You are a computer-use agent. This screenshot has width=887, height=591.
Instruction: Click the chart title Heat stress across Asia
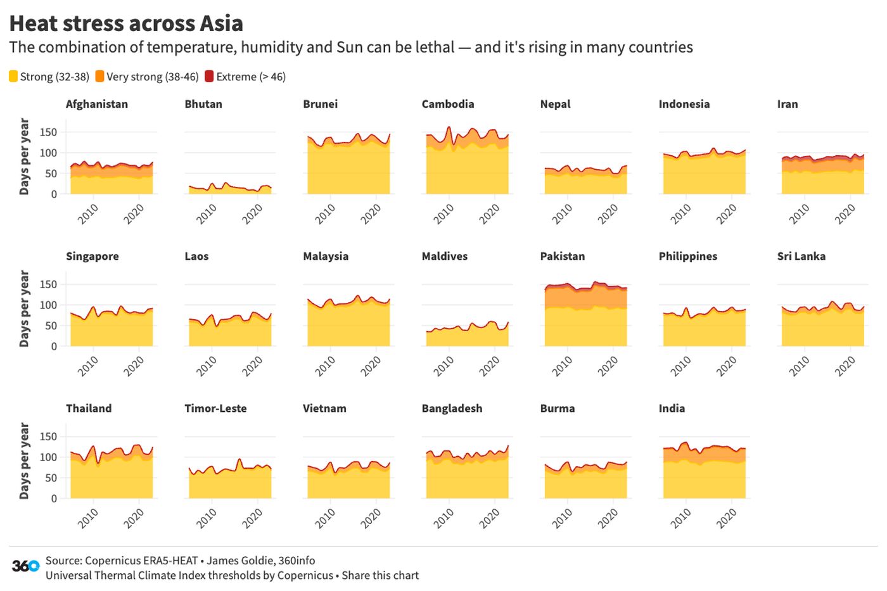click(x=126, y=23)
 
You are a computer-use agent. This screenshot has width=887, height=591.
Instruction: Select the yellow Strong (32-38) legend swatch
click(x=13, y=77)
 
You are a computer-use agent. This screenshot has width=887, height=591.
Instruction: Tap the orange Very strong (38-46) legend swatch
click(x=99, y=77)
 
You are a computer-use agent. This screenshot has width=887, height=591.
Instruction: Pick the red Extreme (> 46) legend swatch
click(x=209, y=77)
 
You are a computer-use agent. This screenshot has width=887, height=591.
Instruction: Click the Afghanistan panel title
click(x=97, y=104)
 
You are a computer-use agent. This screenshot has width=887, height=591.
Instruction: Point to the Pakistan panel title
click(x=562, y=256)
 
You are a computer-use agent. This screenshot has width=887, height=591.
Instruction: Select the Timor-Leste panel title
click(x=215, y=409)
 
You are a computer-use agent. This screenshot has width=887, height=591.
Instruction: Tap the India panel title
click(x=672, y=409)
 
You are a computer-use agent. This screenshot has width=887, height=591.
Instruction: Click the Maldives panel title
click(x=444, y=256)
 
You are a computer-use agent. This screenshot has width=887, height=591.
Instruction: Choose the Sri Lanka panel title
click(x=801, y=256)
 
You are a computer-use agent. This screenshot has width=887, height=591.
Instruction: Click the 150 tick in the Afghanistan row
click(x=48, y=132)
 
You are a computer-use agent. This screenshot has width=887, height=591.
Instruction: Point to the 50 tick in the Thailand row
click(x=51, y=478)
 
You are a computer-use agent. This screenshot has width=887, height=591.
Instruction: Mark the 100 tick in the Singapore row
click(x=48, y=305)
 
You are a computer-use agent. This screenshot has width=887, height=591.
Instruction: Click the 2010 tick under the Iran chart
click(x=799, y=214)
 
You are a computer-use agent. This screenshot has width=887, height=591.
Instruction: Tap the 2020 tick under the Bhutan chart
click(x=252, y=214)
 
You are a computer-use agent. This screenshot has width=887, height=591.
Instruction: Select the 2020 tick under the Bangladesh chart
click(x=489, y=518)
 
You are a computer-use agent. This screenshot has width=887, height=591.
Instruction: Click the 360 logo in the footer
click(x=25, y=566)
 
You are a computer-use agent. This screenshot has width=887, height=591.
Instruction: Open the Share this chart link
click(x=380, y=575)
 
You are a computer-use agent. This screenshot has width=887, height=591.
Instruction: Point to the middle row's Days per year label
click(x=25, y=308)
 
